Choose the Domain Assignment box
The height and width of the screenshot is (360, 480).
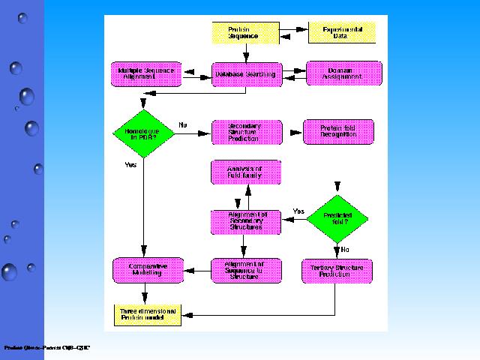[x=344, y=73]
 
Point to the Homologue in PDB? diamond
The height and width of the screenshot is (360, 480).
[x=142, y=133]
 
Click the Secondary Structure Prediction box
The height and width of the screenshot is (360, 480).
[x=247, y=133]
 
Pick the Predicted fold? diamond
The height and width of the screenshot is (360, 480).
[x=339, y=217]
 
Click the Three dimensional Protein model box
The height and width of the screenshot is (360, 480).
[x=148, y=315]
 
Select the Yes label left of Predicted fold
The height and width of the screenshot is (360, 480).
[x=298, y=211]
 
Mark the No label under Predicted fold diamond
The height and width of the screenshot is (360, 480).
[x=345, y=250]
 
